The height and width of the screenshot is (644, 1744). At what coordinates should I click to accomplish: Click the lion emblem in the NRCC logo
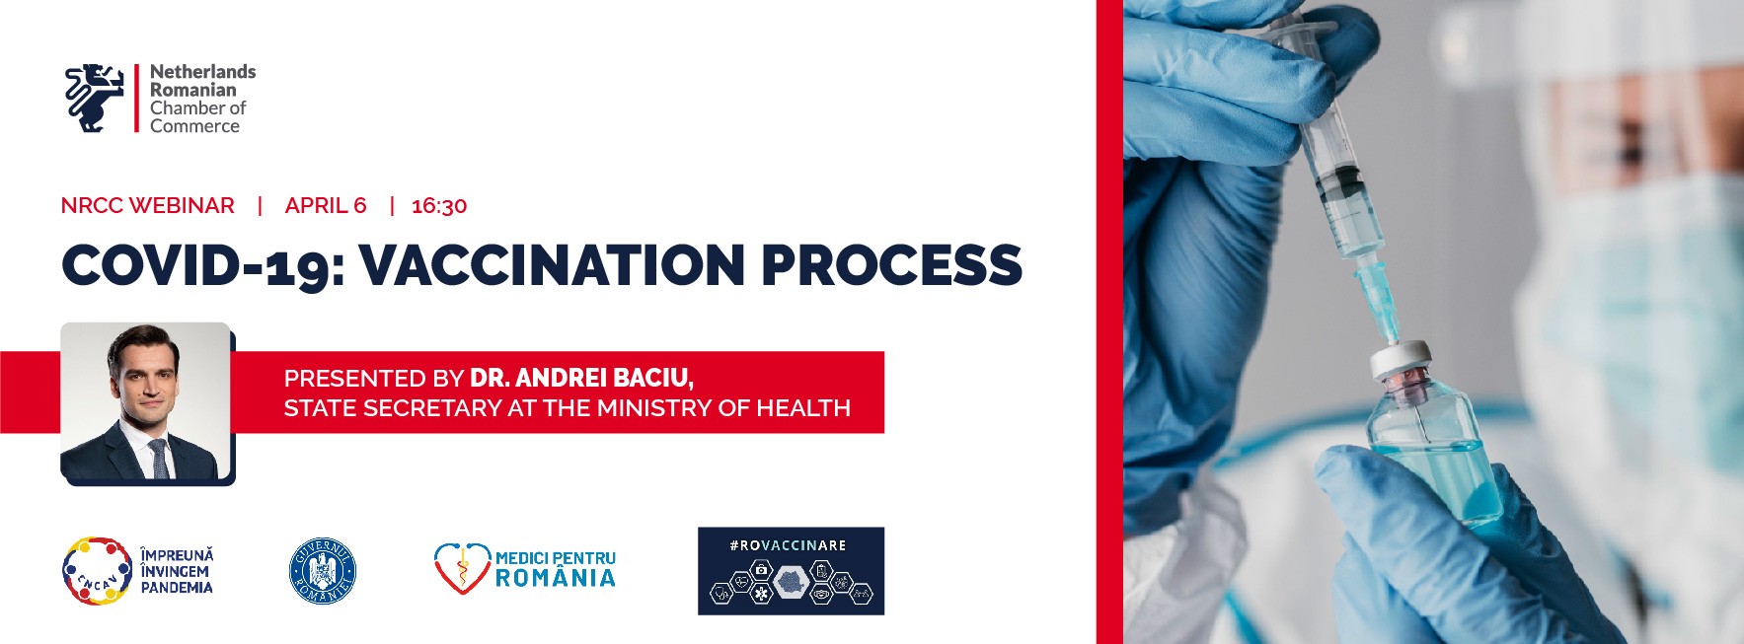tap(95, 98)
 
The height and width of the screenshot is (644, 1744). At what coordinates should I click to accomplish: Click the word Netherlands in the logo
tap(202, 72)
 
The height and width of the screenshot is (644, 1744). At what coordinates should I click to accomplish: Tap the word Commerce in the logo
tap(194, 126)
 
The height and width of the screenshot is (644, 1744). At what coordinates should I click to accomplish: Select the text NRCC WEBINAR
tap(148, 205)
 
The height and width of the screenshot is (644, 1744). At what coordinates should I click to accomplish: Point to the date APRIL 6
tap(326, 205)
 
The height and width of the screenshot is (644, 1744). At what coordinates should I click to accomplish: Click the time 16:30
tap(439, 206)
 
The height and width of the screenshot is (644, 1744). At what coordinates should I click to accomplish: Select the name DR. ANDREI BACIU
tap(581, 378)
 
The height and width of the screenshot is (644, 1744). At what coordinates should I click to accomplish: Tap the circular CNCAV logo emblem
tap(97, 571)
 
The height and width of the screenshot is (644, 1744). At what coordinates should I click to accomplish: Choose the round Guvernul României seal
tap(323, 571)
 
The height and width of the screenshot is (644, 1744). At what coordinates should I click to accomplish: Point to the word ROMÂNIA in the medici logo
tap(556, 579)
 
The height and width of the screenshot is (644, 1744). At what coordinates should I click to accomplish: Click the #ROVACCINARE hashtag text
tap(789, 545)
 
